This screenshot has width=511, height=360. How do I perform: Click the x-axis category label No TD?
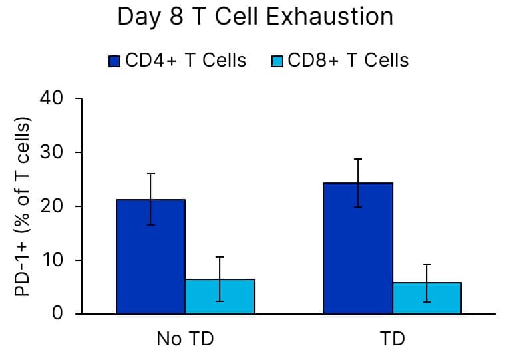(x=185, y=339)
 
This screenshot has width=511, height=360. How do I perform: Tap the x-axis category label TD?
(x=393, y=339)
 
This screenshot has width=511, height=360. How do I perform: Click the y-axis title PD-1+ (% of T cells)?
(x=24, y=207)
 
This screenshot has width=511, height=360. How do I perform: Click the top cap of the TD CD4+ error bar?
(x=358, y=159)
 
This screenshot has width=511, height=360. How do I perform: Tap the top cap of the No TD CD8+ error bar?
(x=220, y=257)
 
